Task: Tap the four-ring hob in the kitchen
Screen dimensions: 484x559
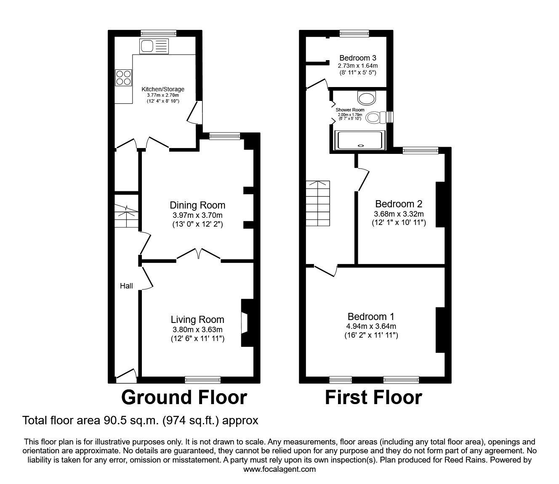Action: (124, 77)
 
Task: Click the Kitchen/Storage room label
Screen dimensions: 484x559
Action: (163, 89)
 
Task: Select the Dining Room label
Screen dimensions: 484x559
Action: (197, 205)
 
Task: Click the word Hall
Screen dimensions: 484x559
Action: (126, 286)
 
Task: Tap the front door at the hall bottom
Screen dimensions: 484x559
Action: (126, 375)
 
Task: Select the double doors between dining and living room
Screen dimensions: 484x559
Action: (198, 255)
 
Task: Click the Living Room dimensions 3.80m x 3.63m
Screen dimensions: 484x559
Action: (197, 330)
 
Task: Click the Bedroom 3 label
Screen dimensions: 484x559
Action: (358, 58)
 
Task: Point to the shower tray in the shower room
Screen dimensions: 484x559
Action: (359, 140)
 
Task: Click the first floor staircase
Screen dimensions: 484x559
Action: (318, 204)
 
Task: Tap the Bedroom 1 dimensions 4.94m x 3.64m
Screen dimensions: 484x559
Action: (371, 326)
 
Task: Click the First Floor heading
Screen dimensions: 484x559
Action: (373, 397)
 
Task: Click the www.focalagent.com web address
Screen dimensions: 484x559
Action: (279, 469)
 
